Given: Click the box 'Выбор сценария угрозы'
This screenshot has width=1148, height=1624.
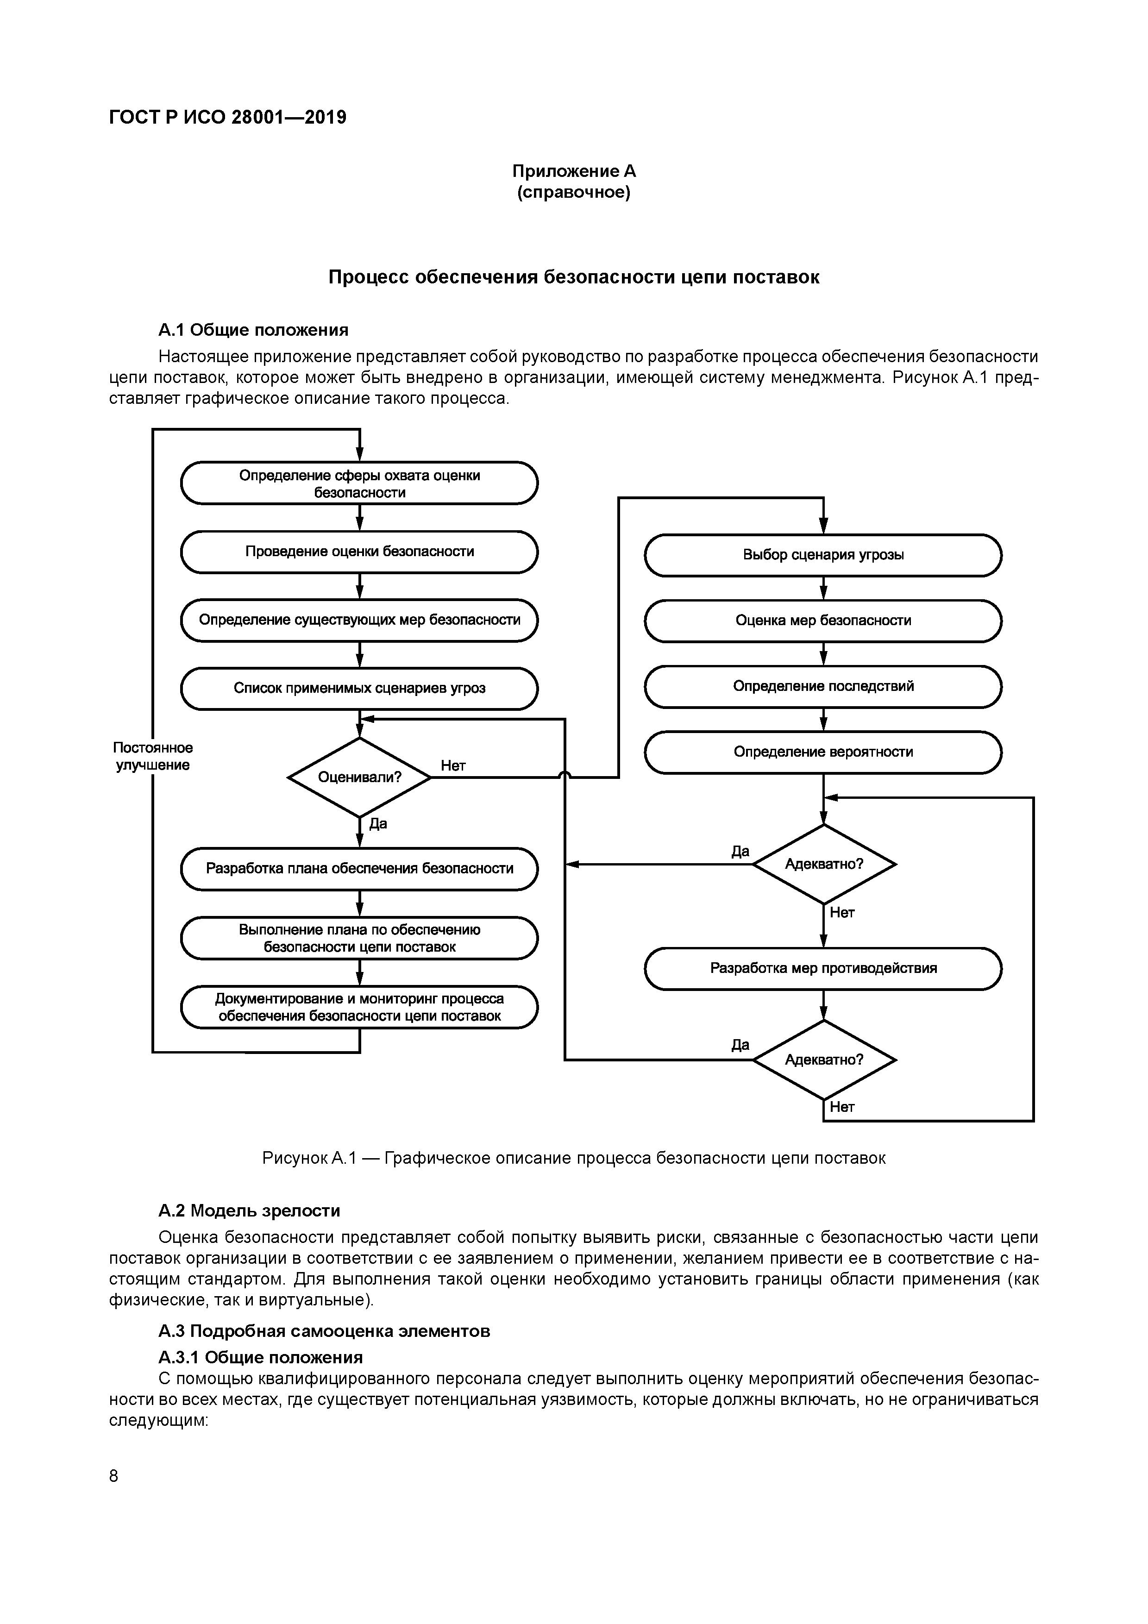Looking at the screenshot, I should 822,555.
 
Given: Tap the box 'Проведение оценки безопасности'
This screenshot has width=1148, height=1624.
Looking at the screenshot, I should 359,552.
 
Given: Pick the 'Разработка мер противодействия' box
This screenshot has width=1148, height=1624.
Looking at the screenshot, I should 822,968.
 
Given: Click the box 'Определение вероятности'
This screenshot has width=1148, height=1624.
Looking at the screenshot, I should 822,752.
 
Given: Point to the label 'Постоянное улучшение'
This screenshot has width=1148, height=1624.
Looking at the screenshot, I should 153,756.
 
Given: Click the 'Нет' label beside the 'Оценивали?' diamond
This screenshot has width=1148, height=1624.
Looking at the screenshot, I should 453,765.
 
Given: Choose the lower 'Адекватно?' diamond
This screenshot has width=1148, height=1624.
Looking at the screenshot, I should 824,1060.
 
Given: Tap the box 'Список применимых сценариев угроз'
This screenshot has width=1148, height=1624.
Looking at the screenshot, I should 359,688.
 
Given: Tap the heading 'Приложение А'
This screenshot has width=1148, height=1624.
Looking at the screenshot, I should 574,171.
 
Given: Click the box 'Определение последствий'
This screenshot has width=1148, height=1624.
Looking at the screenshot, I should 822,686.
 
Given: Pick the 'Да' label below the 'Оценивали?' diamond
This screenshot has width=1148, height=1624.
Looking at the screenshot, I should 378,823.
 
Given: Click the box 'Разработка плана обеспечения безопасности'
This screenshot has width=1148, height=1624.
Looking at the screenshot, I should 359,869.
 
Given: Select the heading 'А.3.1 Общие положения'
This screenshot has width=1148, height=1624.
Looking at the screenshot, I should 260,1357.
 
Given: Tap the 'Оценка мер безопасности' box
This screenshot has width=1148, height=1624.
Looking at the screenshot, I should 822,621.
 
